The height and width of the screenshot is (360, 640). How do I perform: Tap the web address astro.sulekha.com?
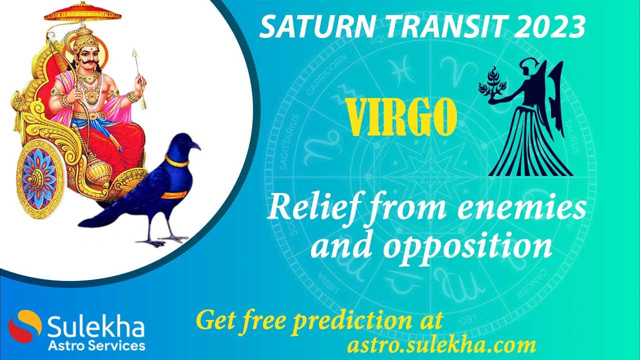tap(441, 344)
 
